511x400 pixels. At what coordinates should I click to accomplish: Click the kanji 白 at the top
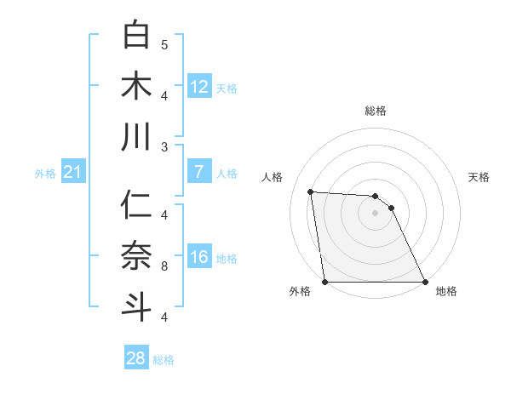(137, 35)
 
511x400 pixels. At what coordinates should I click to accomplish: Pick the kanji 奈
(137, 255)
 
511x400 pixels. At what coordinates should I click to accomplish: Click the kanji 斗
(137, 306)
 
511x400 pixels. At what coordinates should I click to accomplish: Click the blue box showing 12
(199, 86)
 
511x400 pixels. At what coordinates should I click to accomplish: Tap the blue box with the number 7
(199, 172)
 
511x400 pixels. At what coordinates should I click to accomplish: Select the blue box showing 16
(199, 257)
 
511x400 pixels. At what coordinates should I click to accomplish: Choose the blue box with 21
(73, 173)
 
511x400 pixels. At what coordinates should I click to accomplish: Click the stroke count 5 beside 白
(164, 44)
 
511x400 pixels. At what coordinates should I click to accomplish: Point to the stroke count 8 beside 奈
(164, 266)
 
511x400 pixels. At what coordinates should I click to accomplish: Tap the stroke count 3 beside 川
(164, 146)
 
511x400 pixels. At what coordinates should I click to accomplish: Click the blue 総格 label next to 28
(164, 360)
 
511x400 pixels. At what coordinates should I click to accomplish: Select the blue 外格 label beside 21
(45, 174)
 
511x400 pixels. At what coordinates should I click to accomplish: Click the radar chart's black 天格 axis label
(479, 177)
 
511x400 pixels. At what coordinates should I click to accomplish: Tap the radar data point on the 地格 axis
(424, 282)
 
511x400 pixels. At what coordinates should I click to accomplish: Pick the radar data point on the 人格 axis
(311, 191)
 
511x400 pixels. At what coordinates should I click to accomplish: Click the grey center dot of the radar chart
(375, 213)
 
